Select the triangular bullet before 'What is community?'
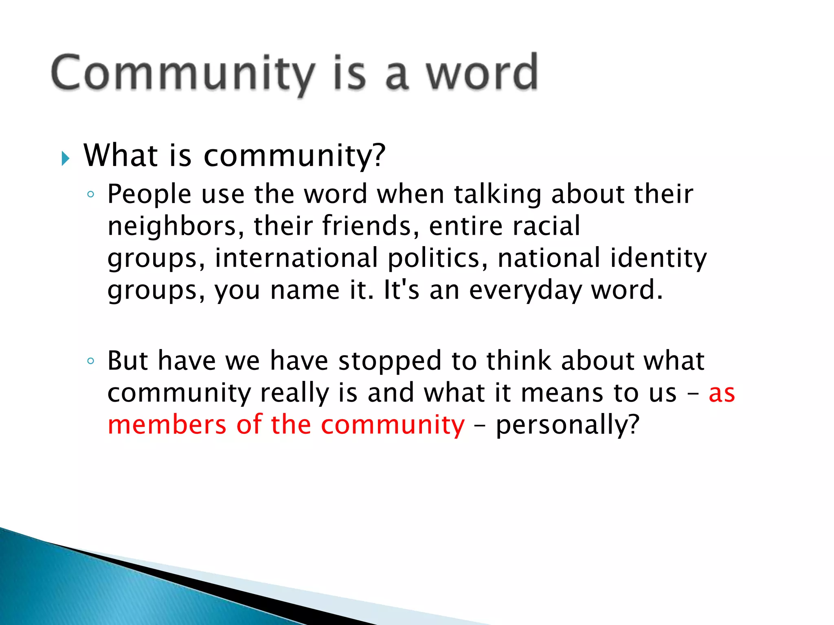tap(65, 158)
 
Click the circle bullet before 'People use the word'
tap(91, 194)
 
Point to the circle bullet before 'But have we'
tap(91, 361)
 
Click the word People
tap(149, 194)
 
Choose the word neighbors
tap(171, 226)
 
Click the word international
tap(296, 258)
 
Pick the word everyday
tap(525, 291)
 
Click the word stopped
tap(390, 361)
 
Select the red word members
tap(167, 425)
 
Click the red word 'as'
tap(722, 393)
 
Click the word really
tap(294, 393)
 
